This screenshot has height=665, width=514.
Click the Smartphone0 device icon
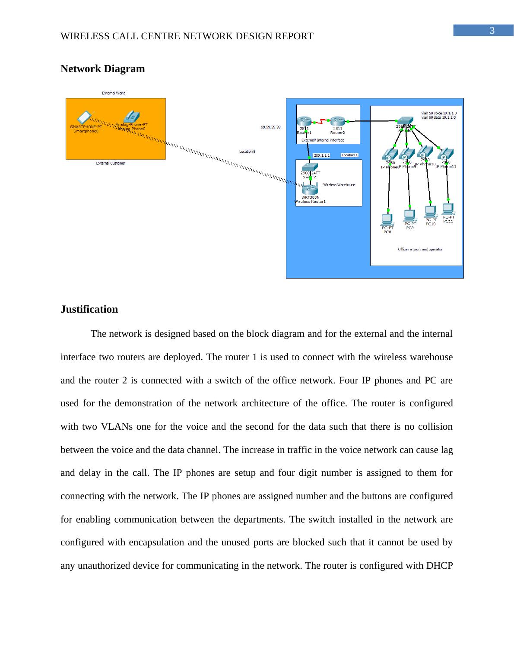84,117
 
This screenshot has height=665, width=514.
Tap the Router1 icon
304,122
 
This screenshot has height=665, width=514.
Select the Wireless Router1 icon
310,189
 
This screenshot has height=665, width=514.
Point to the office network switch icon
405,121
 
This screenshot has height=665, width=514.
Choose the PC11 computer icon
448,209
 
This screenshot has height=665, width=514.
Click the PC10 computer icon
430,212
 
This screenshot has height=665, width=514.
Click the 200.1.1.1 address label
322,155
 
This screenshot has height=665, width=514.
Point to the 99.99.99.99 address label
271,127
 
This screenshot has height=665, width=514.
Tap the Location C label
349,155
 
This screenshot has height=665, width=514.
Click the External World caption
114,93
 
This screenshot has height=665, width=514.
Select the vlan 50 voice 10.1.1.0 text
439,113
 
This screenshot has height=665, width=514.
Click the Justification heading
89,309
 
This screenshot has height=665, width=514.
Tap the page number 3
492,31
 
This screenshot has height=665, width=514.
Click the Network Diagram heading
103,69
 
